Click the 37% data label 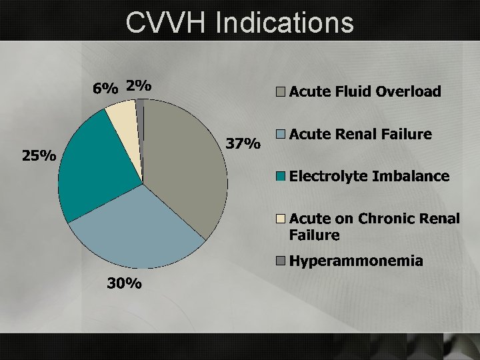(243, 144)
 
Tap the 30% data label (125, 283)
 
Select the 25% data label (39, 156)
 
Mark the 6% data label (105, 87)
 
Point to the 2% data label (139, 85)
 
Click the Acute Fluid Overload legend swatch (282, 93)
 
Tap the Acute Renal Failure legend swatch (282, 135)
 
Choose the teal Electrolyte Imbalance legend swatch (282, 177)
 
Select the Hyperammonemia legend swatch (282, 261)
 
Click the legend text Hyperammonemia (356, 261)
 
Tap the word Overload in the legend (408, 92)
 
